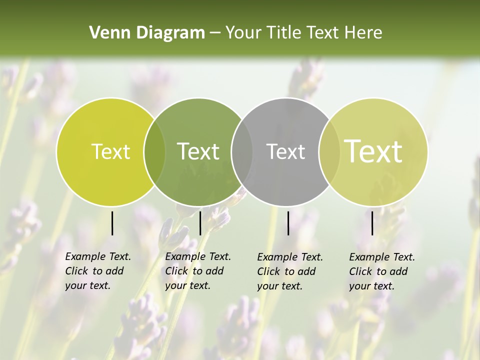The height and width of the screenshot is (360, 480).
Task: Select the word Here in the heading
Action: tap(364, 33)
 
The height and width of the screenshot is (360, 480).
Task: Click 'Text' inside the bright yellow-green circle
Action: tap(110, 152)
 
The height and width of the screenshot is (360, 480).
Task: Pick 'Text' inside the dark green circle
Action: tap(198, 151)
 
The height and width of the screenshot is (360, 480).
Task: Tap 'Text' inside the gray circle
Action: tap(286, 151)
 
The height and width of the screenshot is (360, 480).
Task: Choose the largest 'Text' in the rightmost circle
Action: tap(373, 151)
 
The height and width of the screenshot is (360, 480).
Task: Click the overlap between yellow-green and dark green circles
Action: tap(154, 152)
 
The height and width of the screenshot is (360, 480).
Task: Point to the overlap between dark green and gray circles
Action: tap(242, 152)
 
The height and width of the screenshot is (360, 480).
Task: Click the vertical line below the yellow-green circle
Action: tap(112, 223)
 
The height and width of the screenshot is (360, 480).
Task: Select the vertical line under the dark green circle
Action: tap(200, 223)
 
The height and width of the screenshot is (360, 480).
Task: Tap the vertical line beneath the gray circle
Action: tap(288, 223)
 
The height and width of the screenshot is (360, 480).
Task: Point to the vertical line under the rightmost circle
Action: tap(372, 223)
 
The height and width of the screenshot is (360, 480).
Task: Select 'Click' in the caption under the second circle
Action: tap(177, 271)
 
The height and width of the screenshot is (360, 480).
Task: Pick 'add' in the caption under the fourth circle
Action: tap(398, 271)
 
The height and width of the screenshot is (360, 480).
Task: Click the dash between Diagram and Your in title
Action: tap(215, 33)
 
